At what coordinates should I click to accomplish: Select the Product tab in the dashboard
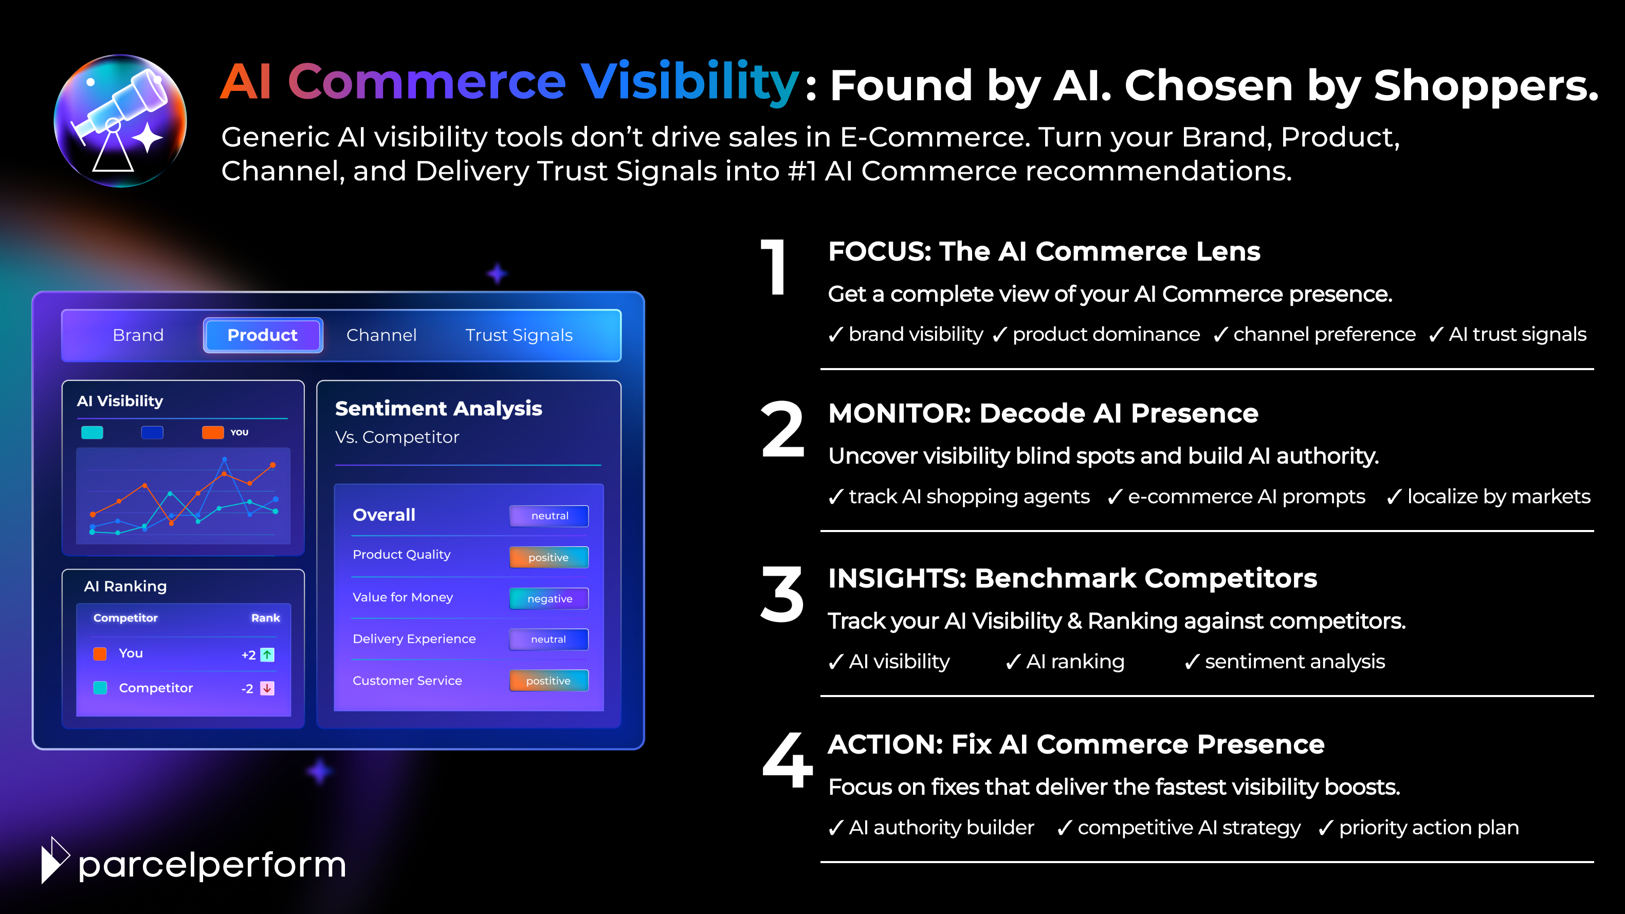tap(262, 335)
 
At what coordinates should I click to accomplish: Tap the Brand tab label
tap(138, 335)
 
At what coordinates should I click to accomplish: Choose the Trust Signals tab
tap(519, 335)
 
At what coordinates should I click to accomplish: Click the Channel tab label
tap(381, 335)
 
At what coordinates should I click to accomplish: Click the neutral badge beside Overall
tap(549, 516)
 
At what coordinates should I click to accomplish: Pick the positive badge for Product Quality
tap(549, 557)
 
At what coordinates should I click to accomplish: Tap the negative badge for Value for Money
tap(549, 598)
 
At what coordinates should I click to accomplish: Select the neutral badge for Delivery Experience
tap(549, 639)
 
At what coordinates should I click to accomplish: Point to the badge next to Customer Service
tap(549, 681)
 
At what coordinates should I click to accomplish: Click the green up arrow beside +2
tap(267, 655)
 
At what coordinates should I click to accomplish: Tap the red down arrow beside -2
tap(267, 688)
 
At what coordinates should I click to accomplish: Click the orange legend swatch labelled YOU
tap(213, 432)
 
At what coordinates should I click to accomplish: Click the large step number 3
tap(782, 594)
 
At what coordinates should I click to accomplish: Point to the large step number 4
tap(787, 760)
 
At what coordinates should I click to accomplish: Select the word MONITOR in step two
tap(899, 413)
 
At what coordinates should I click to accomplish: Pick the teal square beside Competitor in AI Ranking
tap(100, 687)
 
